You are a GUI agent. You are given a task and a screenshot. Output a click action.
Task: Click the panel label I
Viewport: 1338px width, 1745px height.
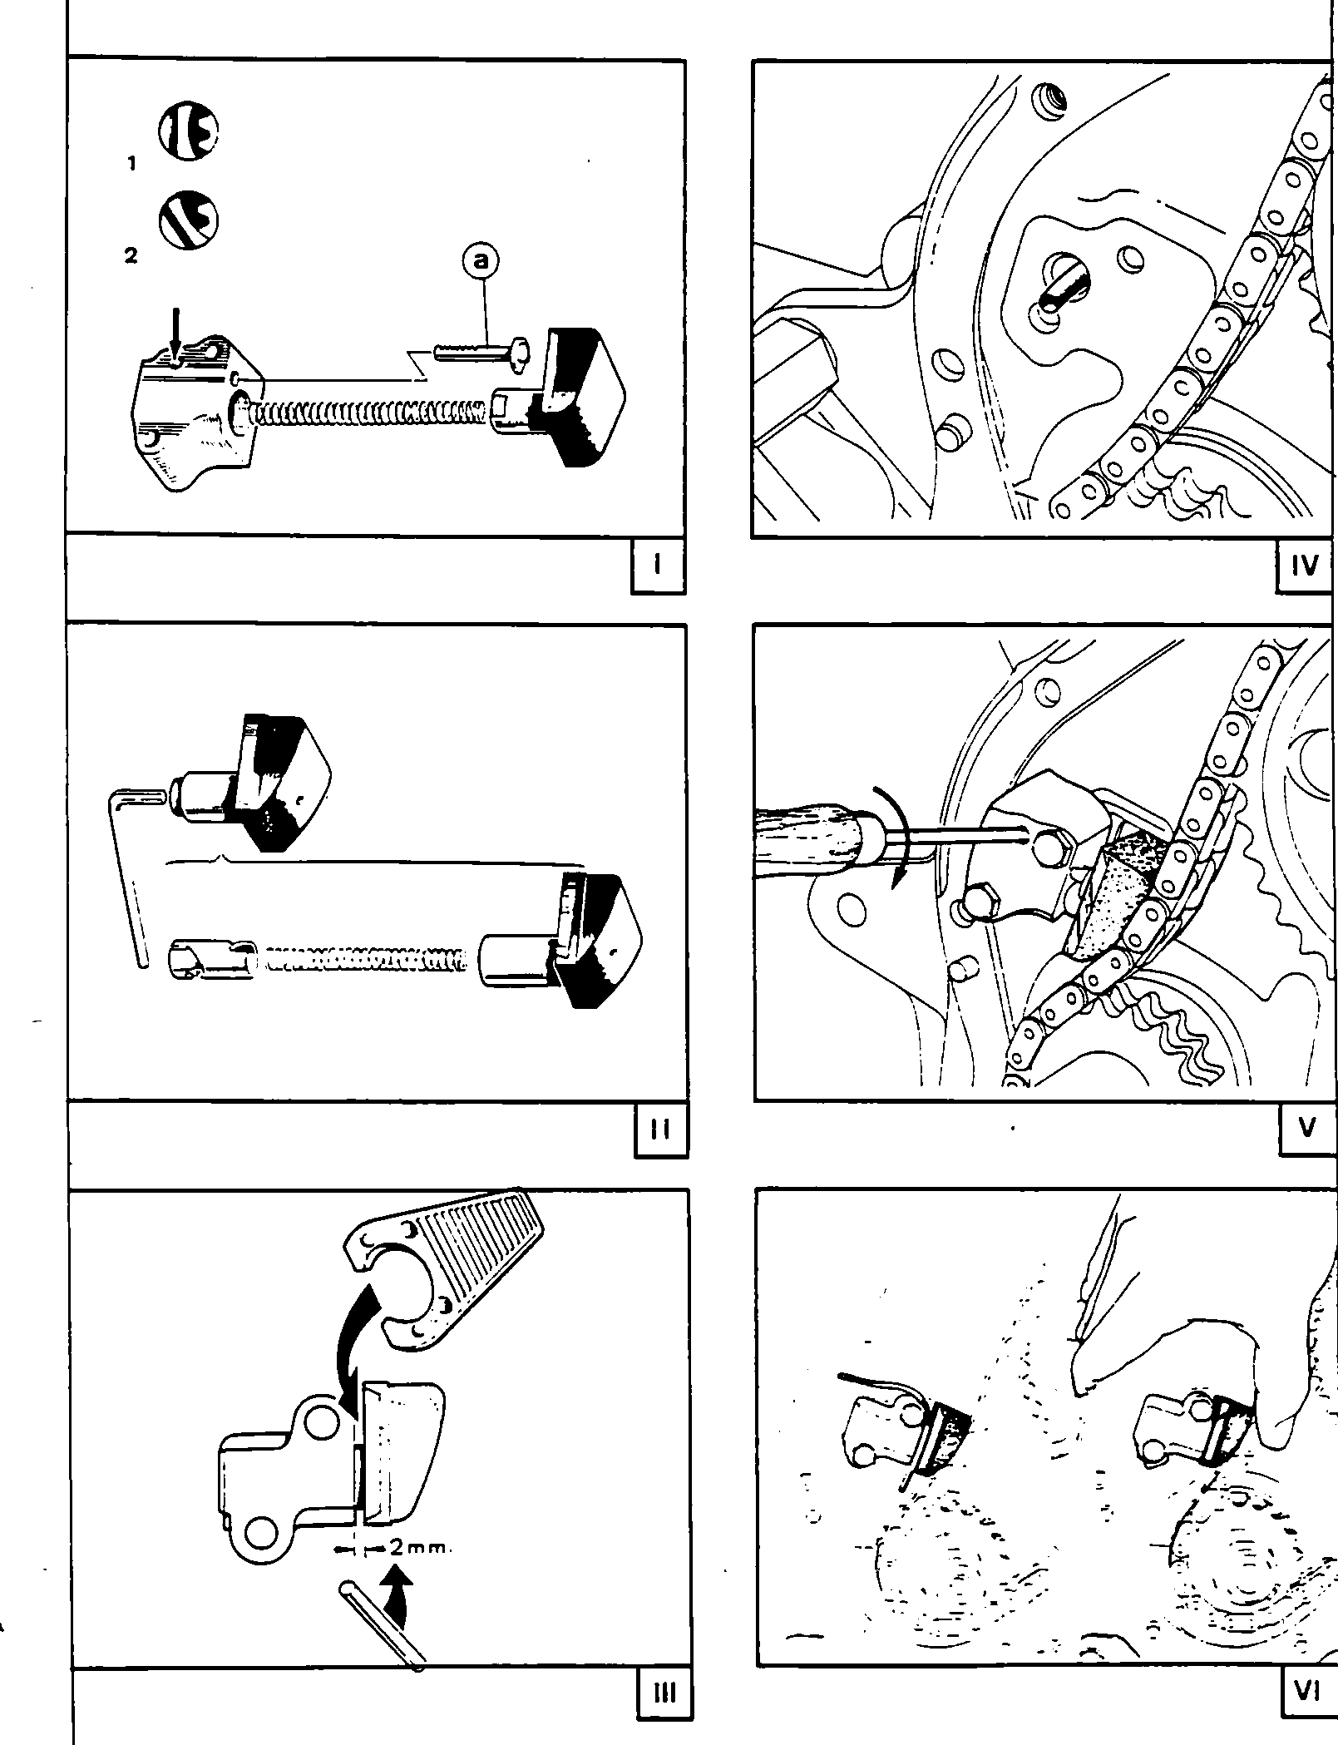click(x=658, y=566)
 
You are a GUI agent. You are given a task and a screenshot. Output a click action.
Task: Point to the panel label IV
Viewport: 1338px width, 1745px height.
click(x=1306, y=566)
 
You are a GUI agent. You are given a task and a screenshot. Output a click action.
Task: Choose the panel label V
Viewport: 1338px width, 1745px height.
click(x=1307, y=1129)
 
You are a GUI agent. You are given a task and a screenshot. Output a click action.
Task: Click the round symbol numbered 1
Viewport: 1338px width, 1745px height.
click(x=189, y=131)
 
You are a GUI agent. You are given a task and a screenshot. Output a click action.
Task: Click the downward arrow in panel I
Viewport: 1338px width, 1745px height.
click(x=174, y=336)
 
